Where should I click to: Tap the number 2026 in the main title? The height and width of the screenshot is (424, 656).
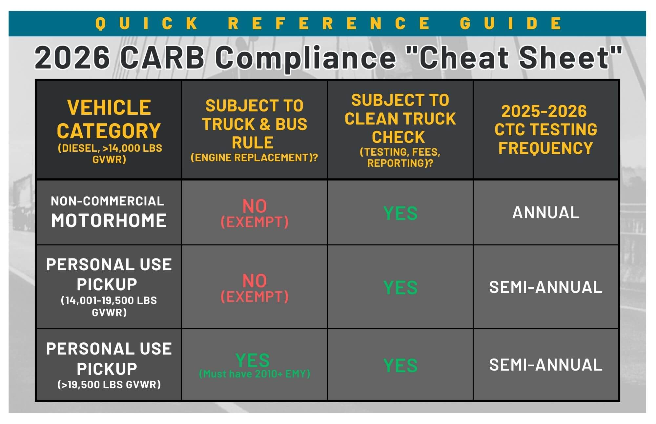tap(72, 58)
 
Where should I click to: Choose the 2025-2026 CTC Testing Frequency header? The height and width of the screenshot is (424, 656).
tap(546, 129)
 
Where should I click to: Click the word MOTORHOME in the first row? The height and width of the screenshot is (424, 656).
tap(109, 221)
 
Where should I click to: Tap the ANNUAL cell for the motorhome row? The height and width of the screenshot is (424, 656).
tap(546, 213)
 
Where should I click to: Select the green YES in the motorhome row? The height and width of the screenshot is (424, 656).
tap(400, 213)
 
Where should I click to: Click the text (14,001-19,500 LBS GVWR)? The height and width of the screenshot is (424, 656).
tap(109, 306)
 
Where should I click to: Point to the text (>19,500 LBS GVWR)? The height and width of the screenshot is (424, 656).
tap(109, 384)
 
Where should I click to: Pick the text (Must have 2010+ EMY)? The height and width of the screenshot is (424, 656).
tap(255, 374)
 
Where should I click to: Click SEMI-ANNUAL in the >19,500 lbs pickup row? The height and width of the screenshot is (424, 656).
tap(546, 365)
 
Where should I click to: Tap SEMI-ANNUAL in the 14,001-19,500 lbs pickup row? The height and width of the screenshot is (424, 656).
tap(546, 287)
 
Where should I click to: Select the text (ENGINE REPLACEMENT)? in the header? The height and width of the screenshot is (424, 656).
tap(254, 158)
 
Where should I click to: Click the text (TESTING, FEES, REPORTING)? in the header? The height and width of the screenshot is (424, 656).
tap(400, 158)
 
